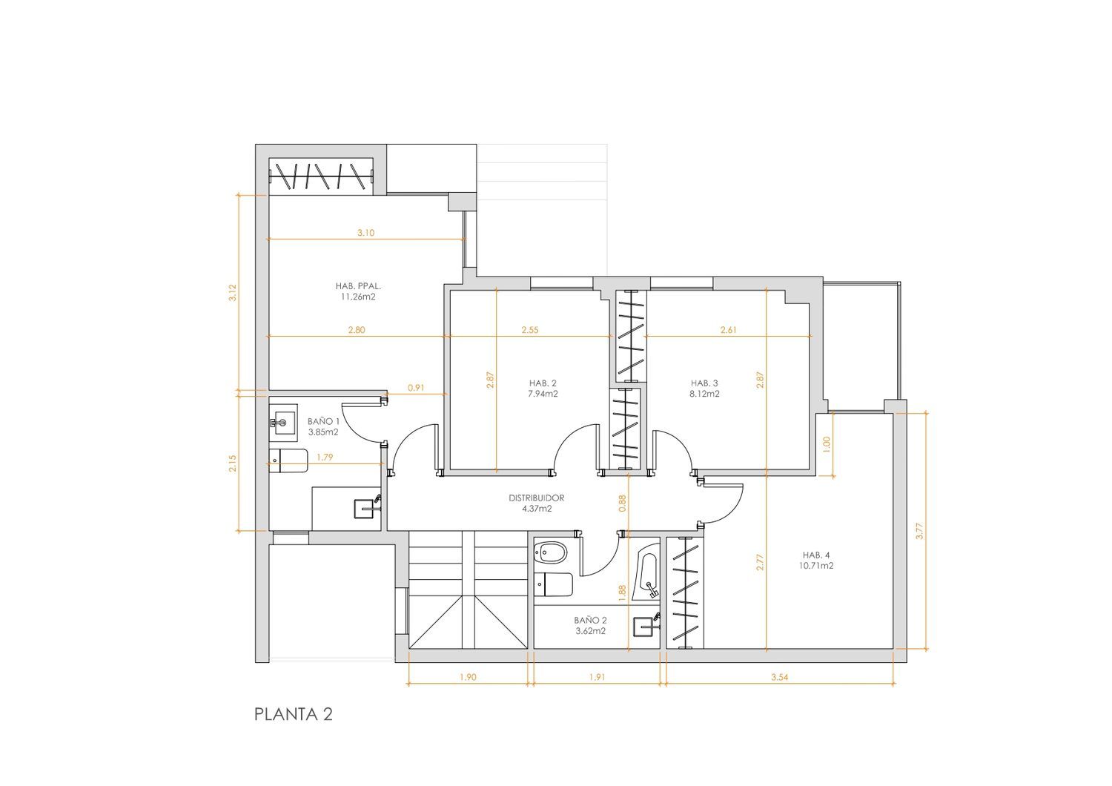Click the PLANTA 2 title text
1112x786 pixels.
click(294, 715)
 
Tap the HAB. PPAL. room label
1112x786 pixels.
click(358, 286)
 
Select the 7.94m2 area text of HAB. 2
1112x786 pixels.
click(543, 394)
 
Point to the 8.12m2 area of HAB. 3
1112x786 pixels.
click(704, 394)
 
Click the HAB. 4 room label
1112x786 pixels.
click(816, 555)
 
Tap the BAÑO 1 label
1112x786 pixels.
click(324, 422)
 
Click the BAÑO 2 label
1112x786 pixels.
click(590, 621)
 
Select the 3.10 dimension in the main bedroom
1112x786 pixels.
click(366, 233)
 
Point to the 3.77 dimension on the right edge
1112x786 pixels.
click(919, 532)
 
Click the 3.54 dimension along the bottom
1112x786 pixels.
click(780, 677)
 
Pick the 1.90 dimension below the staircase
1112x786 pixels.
click(468, 677)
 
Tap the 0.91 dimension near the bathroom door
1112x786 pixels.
click(416, 389)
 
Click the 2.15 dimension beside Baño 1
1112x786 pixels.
click(233, 463)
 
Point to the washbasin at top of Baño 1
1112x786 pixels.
click(283, 423)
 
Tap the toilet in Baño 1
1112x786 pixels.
click(288, 461)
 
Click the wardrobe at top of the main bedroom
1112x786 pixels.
click(321, 176)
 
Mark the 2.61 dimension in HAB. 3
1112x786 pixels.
click(728, 330)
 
